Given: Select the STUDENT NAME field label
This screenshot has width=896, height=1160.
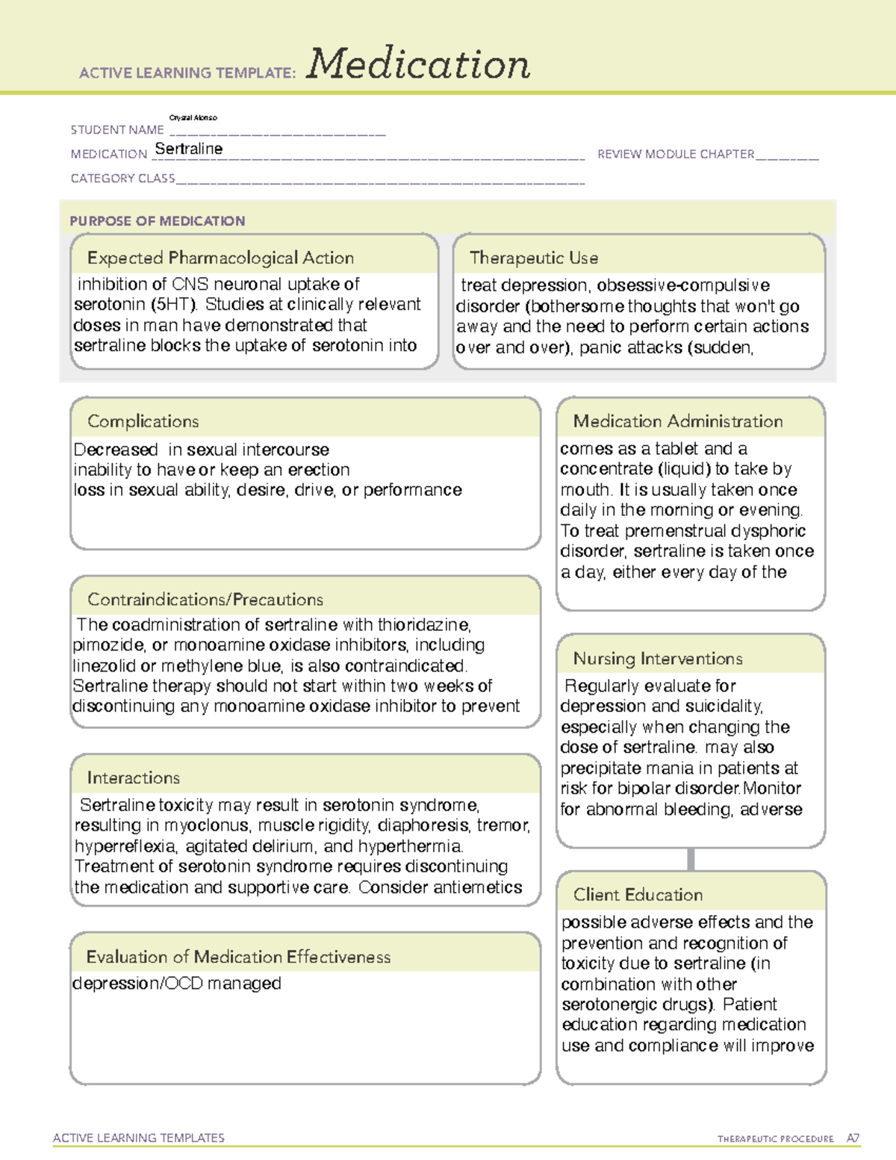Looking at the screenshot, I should tap(117, 130).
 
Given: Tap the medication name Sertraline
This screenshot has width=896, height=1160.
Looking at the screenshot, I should tap(189, 149).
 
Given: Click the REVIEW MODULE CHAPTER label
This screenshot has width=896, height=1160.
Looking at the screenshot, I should tap(676, 154).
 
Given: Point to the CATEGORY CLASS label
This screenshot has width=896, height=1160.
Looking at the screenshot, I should tap(122, 179).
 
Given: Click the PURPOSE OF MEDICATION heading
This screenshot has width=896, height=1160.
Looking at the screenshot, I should tap(158, 221).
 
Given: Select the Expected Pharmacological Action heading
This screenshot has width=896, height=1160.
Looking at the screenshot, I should tap(220, 258).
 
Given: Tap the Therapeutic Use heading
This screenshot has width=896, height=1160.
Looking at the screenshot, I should tap(534, 258).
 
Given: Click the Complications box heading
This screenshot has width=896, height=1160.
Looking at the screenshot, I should tap(143, 421).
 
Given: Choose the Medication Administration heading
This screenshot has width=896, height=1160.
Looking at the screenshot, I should tap(678, 421).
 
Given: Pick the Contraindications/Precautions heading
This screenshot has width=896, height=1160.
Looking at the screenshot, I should tap(205, 599).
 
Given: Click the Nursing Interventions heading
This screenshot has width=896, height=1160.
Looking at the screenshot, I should tap(658, 658).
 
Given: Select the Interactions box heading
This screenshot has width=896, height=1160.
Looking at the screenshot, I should tap(134, 778).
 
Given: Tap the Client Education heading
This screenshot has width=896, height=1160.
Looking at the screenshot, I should tap(638, 894).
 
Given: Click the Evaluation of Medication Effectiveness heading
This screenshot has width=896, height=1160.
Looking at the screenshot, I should tap(238, 957).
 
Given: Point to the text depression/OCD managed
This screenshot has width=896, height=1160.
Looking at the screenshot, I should tap(177, 984).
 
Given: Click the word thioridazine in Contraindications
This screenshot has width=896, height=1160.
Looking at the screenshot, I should tap(423, 624).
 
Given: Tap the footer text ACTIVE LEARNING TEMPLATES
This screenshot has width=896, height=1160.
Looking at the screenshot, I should tap(139, 1138).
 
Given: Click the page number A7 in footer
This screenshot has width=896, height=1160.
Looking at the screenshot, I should tap(853, 1138).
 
